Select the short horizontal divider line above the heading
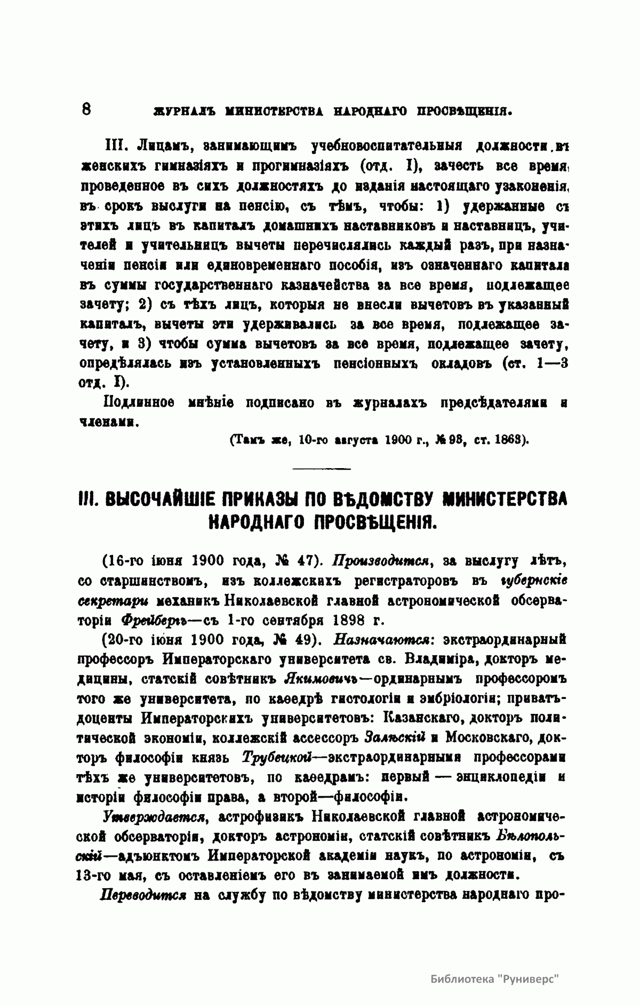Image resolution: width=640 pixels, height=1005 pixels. point(322,469)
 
